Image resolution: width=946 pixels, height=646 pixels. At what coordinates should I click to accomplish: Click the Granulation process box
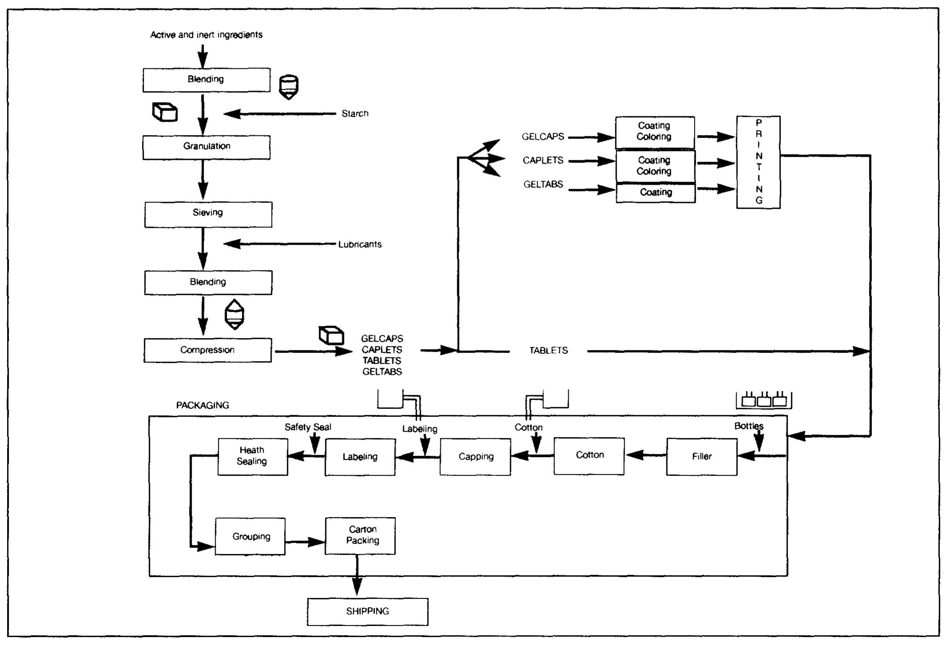tap(206, 147)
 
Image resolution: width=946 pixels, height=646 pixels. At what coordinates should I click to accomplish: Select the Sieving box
tap(208, 214)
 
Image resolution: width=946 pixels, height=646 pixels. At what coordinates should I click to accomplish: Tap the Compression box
tap(207, 350)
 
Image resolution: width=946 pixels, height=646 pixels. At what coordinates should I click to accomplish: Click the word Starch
tap(355, 114)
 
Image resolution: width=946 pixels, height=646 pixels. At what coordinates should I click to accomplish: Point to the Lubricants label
tap(360, 244)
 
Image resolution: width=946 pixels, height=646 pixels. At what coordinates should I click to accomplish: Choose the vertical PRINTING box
tap(758, 162)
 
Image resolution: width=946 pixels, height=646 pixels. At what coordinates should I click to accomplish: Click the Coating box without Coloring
tap(656, 193)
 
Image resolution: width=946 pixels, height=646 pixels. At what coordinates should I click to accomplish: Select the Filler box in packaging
tap(701, 456)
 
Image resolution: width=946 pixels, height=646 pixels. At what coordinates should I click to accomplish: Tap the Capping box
tap(475, 457)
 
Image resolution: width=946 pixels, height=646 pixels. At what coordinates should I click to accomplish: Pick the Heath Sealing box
tap(252, 456)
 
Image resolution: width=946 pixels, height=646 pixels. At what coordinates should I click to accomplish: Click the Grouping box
tap(250, 536)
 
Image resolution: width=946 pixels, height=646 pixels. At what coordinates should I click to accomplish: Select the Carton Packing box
tap(360, 535)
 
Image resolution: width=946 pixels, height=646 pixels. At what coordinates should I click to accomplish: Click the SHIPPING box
tap(368, 611)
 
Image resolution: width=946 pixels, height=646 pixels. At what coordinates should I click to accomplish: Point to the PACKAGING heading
tap(202, 405)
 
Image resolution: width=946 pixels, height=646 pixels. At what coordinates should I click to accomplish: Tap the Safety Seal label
tap(308, 427)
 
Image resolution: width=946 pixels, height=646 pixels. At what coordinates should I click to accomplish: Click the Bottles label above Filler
tap(748, 426)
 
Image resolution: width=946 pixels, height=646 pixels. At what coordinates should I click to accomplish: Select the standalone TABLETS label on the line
tap(548, 351)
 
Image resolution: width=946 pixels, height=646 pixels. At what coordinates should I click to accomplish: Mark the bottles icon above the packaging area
tap(764, 400)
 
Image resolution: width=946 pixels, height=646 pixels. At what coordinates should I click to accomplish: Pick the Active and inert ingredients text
tap(206, 35)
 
